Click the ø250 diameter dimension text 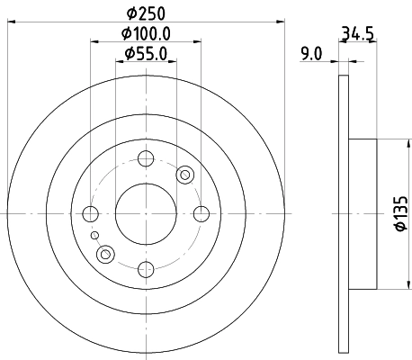click(x=146, y=13)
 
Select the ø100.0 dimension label click(x=146, y=33)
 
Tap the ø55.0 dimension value click(x=146, y=54)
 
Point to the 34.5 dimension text click(x=357, y=36)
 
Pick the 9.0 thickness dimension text click(x=311, y=54)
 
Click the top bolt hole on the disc click(x=146, y=159)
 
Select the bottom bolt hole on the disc click(x=146, y=267)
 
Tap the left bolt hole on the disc click(x=91, y=213)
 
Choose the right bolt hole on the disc click(x=200, y=213)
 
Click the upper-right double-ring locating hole click(x=185, y=175)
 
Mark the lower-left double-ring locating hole click(x=106, y=254)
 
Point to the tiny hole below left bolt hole click(x=94, y=235)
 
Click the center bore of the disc click(x=146, y=213)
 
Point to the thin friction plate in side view click(x=343, y=213)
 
